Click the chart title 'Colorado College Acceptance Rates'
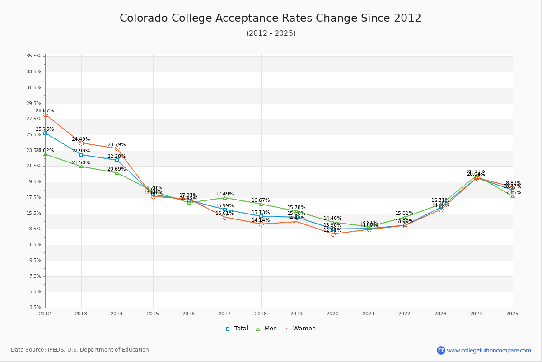[x=270, y=18]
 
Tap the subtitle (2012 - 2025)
[x=271, y=33]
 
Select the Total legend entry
[x=237, y=329]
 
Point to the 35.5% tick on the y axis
[x=34, y=56]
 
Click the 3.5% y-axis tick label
[x=35, y=308]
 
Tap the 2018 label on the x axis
[x=261, y=314]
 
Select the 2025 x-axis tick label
[x=512, y=314]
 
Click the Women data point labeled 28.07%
[x=45, y=115]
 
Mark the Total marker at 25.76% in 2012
[x=45, y=133]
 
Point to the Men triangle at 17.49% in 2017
[x=225, y=198]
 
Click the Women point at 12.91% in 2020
[x=333, y=234]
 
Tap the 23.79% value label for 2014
[x=117, y=145]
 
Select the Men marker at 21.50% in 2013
[x=81, y=167]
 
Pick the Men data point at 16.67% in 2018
[x=261, y=204]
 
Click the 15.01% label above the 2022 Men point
[x=404, y=214]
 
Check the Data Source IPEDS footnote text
[x=80, y=350]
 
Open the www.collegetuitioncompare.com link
[x=489, y=350]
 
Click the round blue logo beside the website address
[x=441, y=350]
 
